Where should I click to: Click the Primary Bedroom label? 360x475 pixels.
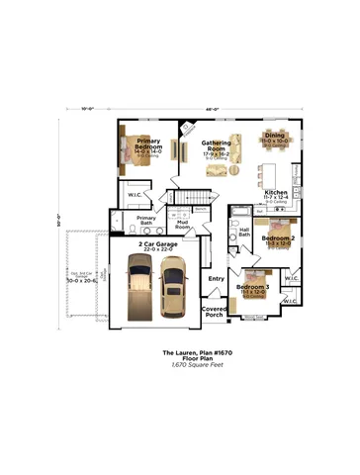(x=149, y=143)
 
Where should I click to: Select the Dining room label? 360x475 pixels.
(x=275, y=139)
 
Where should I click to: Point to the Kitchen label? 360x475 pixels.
(x=276, y=193)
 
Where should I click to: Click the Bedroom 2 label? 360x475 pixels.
(x=278, y=238)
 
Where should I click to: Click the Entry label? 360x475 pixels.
(x=216, y=278)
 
